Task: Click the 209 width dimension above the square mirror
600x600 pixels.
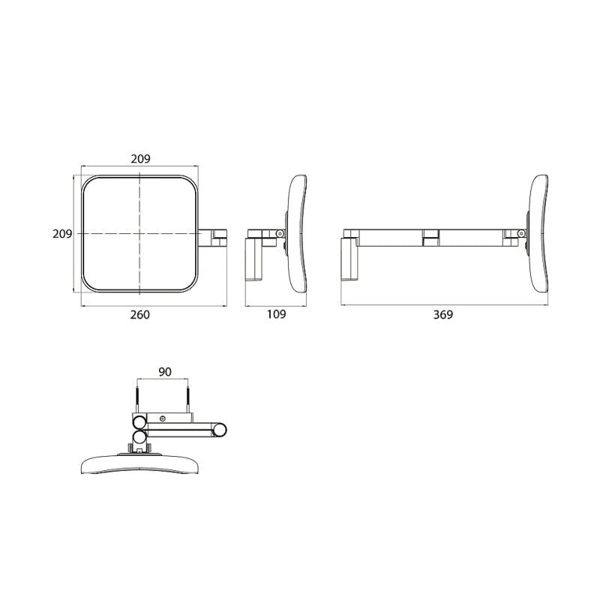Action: (x=141, y=159)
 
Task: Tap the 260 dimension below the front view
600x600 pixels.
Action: (x=140, y=315)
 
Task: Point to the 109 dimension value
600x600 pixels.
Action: (x=277, y=315)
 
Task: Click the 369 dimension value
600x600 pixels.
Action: (x=443, y=315)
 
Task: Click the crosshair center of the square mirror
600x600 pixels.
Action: (x=139, y=234)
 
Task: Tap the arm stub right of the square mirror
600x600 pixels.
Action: (x=214, y=236)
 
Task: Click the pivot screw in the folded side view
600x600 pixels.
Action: (x=280, y=234)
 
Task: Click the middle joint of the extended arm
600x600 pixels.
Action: (x=430, y=237)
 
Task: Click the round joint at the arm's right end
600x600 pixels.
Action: (x=220, y=430)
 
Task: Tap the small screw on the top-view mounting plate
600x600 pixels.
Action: (x=162, y=417)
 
